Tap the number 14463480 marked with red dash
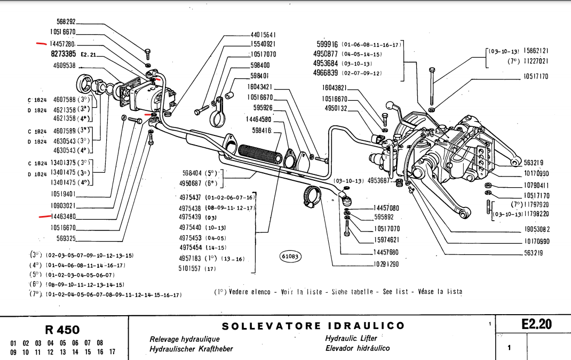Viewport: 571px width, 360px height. pyautogui.click(x=63, y=217)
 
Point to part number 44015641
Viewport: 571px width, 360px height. pyautogui.click(x=263, y=35)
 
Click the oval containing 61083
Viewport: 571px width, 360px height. pyautogui.click(x=290, y=257)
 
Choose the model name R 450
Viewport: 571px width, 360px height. pyautogui.click(x=62, y=330)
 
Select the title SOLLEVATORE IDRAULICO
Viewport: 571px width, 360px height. pyautogui.click(x=313, y=326)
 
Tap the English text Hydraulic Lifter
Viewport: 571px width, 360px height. pyautogui.click(x=351, y=338)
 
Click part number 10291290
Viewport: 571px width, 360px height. pyautogui.click(x=386, y=264)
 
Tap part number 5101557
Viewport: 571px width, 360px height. pyautogui.click(x=189, y=268)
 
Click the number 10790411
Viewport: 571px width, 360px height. pyautogui.click(x=536, y=186)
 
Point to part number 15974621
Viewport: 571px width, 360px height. pyautogui.click(x=386, y=240)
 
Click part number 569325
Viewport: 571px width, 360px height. pyautogui.click(x=63, y=238)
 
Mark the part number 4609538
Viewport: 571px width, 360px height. pyautogui.click(x=65, y=66)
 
